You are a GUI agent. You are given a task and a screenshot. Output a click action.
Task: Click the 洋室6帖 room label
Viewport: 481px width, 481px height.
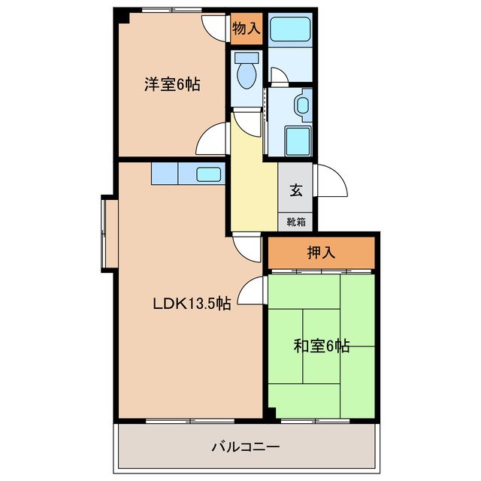pyautogui.click(x=172, y=84)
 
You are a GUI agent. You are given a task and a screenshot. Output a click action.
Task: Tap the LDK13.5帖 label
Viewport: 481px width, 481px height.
pyautogui.click(x=192, y=304)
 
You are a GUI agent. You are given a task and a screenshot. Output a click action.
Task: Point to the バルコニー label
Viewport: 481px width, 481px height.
pyautogui.click(x=245, y=447)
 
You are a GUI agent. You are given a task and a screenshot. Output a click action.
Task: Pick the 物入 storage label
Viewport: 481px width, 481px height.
pyautogui.click(x=246, y=29)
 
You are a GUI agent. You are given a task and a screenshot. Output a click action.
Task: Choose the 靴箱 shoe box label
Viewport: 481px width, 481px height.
pyautogui.click(x=296, y=222)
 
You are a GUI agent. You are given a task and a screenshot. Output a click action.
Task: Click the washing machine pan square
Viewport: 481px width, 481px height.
pyautogui.click(x=297, y=140)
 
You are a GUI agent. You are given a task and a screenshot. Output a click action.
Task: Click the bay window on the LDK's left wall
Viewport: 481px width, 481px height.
pyautogui.click(x=107, y=232)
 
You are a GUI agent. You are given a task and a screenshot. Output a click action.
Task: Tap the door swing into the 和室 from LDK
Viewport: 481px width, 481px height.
pyautogui.click(x=253, y=289)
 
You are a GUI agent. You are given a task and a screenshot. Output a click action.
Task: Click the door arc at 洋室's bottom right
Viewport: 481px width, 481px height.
pyautogui.click(x=213, y=139)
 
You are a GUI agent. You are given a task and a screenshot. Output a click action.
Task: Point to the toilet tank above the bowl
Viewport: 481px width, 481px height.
pyautogui.click(x=246, y=57)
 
